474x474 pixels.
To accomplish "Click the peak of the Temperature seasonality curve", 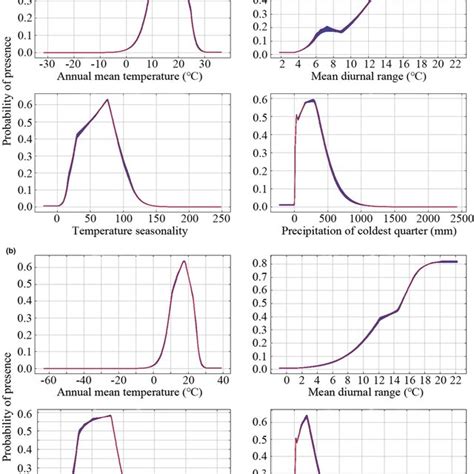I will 107,100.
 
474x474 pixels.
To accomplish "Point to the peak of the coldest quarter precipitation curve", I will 313,100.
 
